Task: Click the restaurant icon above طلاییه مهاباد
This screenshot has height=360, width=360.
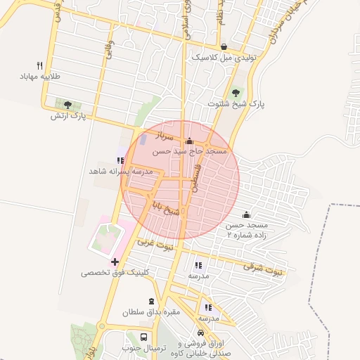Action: coord(39,64)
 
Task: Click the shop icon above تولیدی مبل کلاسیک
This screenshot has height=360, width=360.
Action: coord(224,47)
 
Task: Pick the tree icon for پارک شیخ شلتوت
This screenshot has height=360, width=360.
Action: coord(236,93)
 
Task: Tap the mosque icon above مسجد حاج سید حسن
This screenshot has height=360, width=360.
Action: coord(188,140)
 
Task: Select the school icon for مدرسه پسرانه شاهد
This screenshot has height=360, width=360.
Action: coord(118,160)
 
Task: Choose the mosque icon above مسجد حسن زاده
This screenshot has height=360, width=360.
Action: coord(246,214)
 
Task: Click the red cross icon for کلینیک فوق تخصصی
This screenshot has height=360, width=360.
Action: coord(115,262)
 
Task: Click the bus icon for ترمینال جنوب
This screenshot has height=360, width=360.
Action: coord(143,337)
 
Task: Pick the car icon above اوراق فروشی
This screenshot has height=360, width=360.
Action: coord(201,333)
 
